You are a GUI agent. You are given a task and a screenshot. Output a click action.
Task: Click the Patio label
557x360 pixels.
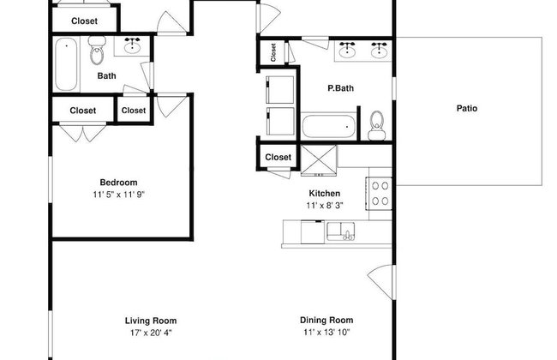pos(466,108)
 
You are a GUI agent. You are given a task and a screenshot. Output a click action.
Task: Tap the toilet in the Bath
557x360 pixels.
pos(97,50)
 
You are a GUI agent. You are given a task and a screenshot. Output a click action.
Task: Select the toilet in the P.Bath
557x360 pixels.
pos(376,125)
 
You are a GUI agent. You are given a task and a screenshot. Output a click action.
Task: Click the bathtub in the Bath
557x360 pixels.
pos(67,64)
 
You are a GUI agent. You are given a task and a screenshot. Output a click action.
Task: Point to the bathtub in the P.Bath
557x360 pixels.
pos(328,126)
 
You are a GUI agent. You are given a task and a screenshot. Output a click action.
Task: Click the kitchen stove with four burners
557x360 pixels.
pos(380,194)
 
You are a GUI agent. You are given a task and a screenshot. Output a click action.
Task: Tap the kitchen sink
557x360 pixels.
pos(341,231)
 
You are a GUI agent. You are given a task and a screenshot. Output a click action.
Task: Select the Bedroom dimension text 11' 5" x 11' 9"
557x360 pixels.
pos(118,195)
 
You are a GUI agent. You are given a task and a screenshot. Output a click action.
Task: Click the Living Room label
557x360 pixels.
pos(151,321)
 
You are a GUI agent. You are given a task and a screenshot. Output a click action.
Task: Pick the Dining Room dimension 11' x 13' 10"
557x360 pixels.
pos(326,333)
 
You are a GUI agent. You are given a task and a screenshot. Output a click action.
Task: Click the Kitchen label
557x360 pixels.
pos(324,194)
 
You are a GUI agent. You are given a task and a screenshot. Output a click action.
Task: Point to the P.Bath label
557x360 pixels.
pos(340,88)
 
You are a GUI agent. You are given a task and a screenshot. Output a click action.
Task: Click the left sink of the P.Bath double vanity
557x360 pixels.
pos(347,50)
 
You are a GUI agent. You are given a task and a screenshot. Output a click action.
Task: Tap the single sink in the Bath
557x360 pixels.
pos(132,45)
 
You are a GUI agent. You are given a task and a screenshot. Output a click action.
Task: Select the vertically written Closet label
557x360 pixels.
pos(273,52)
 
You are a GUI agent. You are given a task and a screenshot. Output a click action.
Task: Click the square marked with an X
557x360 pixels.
pos(319,160)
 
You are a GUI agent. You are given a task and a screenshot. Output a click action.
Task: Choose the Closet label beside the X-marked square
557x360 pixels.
pos(278,157)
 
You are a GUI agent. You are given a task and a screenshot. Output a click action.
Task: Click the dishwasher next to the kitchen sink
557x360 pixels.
pos(313,232)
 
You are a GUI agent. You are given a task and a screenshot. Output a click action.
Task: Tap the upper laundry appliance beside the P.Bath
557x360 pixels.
pos(280,89)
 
